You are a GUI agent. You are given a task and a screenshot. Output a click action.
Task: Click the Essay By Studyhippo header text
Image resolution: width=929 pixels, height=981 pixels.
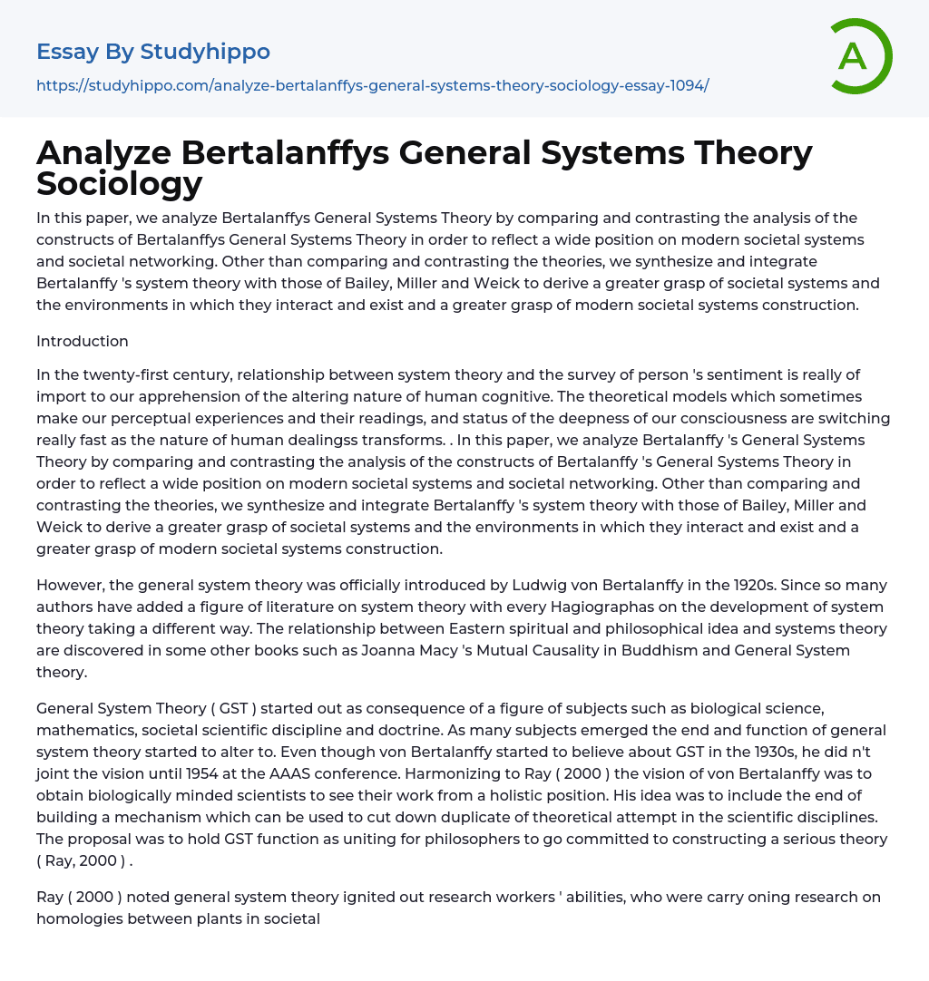pos(153,52)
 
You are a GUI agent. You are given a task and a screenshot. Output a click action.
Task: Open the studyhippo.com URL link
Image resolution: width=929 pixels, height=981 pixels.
pos(372,85)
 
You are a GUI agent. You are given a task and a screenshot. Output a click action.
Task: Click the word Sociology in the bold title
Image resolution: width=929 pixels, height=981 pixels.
pos(120,184)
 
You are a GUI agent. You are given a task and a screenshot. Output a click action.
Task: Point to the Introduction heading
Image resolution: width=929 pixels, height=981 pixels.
pos(83,341)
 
